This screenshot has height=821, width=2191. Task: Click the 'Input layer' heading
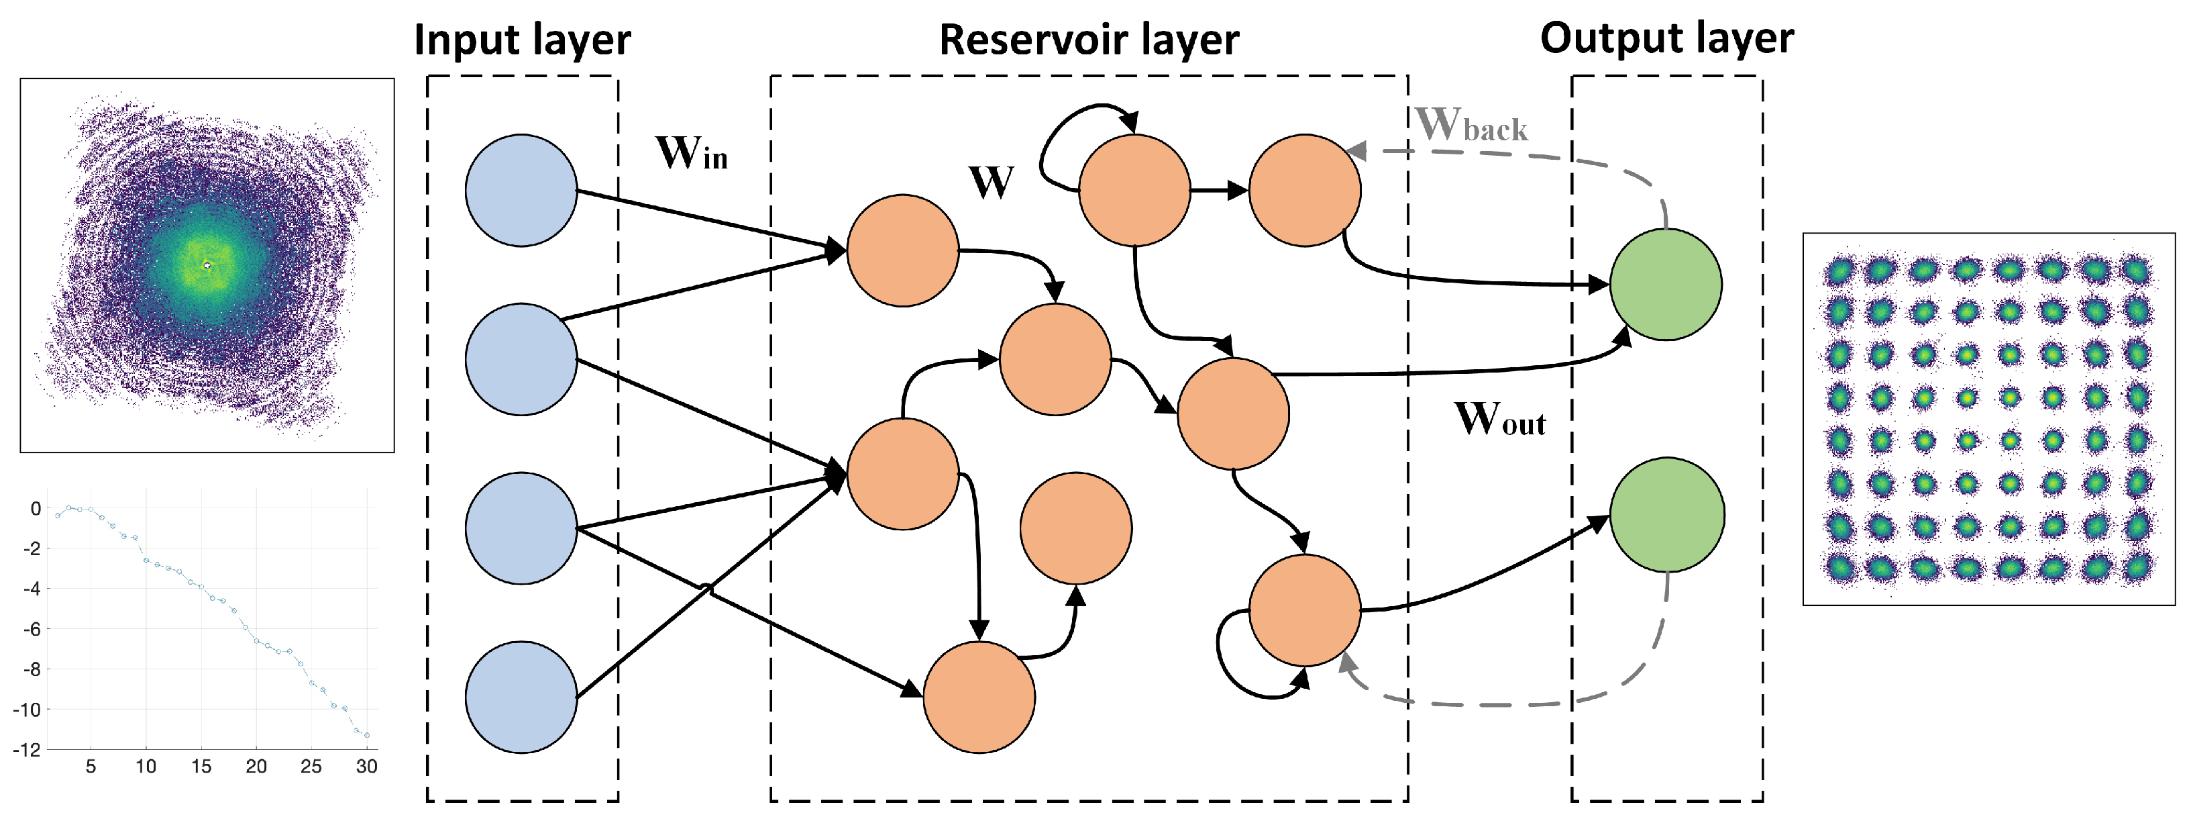(x=522, y=40)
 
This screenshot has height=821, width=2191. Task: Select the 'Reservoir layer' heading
(x=1089, y=40)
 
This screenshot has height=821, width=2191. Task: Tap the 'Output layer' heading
(x=1666, y=38)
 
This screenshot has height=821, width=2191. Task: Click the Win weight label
(x=692, y=154)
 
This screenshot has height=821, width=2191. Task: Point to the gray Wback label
(x=1471, y=126)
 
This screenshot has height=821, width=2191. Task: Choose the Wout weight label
(x=1500, y=420)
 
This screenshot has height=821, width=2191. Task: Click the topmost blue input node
(x=521, y=191)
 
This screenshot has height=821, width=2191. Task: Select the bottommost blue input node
(x=521, y=697)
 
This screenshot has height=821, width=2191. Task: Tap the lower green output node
(x=1666, y=515)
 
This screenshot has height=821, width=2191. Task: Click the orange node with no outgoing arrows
(x=1076, y=528)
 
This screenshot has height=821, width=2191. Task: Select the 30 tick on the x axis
(x=366, y=766)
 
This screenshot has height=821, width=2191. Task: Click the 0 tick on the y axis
(x=35, y=509)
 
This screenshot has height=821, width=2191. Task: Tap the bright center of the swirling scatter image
(x=207, y=265)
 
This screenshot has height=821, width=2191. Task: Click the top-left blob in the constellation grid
(x=1839, y=271)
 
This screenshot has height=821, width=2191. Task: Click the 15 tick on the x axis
(x=201, y=766)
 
